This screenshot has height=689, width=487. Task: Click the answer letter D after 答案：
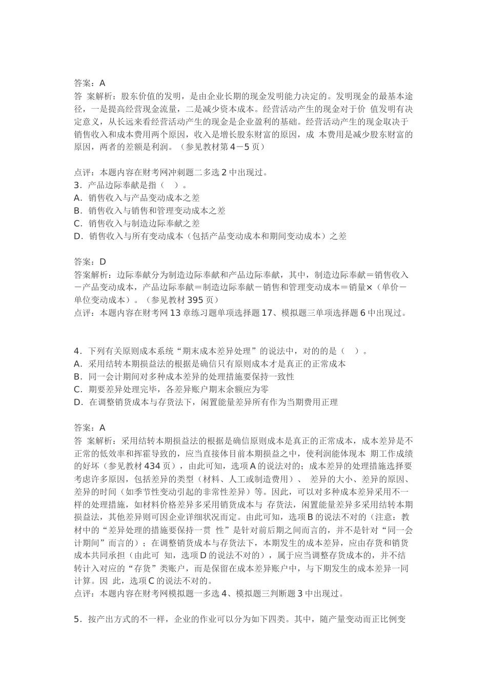tap(103, 261)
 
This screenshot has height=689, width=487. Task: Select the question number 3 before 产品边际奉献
tap(76, 185)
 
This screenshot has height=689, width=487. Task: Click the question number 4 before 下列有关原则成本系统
tap(77, 351)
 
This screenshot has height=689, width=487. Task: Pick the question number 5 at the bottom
tap(76, 619)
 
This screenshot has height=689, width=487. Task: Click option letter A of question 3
tap(77, 198)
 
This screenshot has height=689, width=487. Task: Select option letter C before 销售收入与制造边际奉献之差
tap(77, 224)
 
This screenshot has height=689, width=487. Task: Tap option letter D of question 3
tap(77, 236)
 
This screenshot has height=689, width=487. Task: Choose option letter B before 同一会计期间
tap(77, 377)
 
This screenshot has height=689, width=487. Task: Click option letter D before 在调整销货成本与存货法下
tap(77, 402)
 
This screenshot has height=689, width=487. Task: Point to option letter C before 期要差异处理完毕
tap(77, 390)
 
